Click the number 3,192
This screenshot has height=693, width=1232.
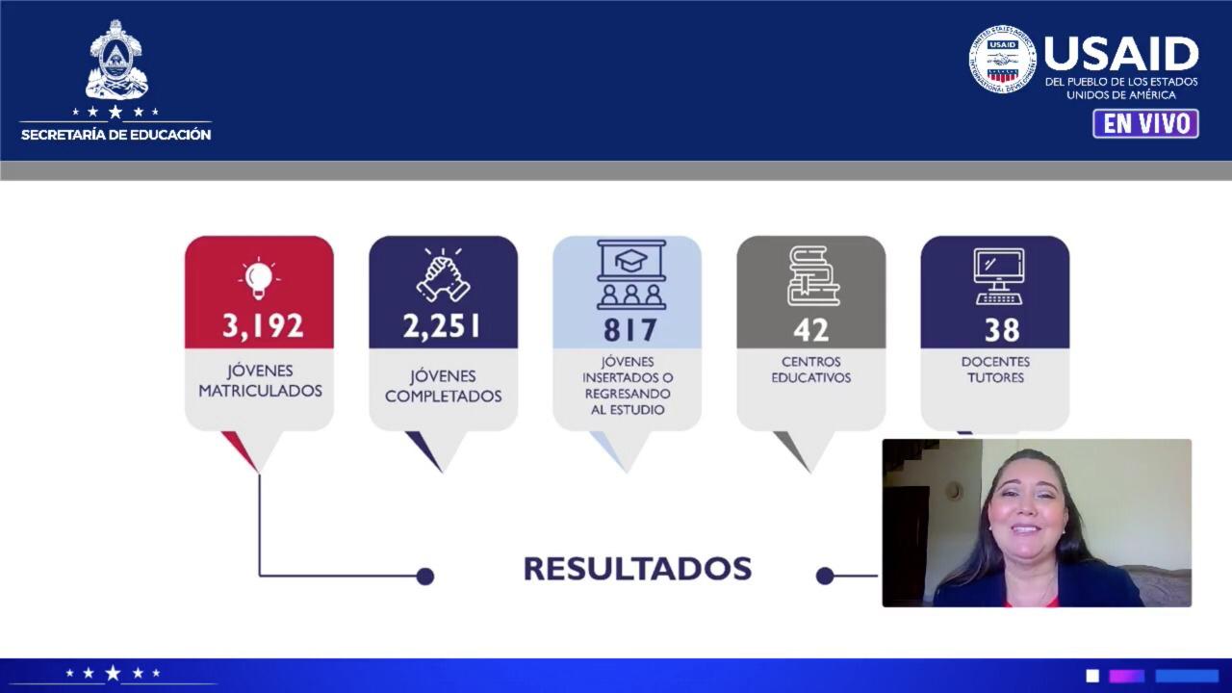click(263, 325)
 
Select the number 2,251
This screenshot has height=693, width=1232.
click(442, 326)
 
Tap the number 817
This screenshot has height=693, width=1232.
click(630, 330)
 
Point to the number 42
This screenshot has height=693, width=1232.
click(810, 330)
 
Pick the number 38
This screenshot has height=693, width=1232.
click(1002, 330)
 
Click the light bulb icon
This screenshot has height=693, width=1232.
click(259, 278)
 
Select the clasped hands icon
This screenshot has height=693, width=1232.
click(443, 274)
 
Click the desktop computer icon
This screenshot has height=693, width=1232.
click(999, 276)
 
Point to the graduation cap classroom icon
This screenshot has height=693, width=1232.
click(631, 274)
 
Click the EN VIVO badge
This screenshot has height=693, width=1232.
click(1145, 124)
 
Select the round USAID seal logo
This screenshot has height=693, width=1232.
click(1002, 59)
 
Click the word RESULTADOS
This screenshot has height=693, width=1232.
click(637, 569)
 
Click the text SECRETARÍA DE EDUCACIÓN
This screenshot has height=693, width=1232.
click(115, 135)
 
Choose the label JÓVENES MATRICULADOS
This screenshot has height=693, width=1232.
click(260, 380)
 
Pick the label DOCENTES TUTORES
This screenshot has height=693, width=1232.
click(995, 370)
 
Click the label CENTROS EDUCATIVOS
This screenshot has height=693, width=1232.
click(811, 370)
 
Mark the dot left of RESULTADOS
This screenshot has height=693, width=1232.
click(424, 577)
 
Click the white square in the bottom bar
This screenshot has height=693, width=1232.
click(1092, 676)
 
